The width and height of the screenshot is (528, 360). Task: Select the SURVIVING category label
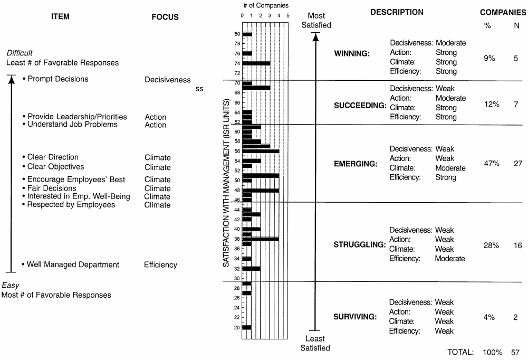[x=355, y=317]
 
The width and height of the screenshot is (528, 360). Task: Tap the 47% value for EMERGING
[x=492, y=164]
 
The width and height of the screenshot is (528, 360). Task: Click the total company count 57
[x=515, y=352]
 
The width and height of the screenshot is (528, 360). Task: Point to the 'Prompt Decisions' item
[x=58, y=79]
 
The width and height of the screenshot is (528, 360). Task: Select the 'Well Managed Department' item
[x=73, y=264]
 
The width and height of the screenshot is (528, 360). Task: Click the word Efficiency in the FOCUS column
[x=160, y=265]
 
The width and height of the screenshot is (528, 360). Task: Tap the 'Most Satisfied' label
[x=316, y=21]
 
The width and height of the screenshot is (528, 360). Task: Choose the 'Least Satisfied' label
[x=315, y=343]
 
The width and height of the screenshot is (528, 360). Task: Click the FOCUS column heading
[x=165, y=17]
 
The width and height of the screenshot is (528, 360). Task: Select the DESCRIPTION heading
[x=397, y=12]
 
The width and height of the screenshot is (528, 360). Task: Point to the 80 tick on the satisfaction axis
[x=237, y=34]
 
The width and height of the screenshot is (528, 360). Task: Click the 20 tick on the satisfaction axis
[x=237, y=327]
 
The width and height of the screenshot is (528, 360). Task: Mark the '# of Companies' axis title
[x=266, y=5]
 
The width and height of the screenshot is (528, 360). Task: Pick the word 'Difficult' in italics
[x=20, y=53]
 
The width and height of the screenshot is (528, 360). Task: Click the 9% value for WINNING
[x=489, y=59]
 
